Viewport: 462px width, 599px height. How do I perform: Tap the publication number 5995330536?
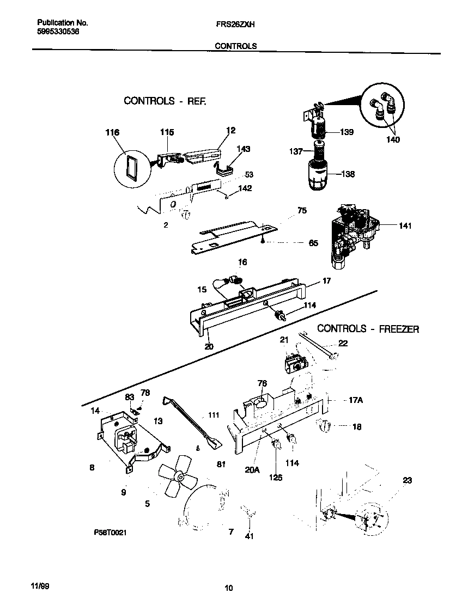58,32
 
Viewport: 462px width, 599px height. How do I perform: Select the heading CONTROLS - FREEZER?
368,329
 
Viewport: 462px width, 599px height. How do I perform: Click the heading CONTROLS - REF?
165,101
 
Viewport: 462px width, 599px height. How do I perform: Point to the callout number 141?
404,225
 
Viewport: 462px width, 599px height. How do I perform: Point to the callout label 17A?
355,400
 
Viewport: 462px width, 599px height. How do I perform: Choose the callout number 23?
407,480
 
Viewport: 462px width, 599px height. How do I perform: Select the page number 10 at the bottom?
229,588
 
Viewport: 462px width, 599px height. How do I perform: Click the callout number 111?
213,415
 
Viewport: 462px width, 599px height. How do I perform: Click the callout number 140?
392,140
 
